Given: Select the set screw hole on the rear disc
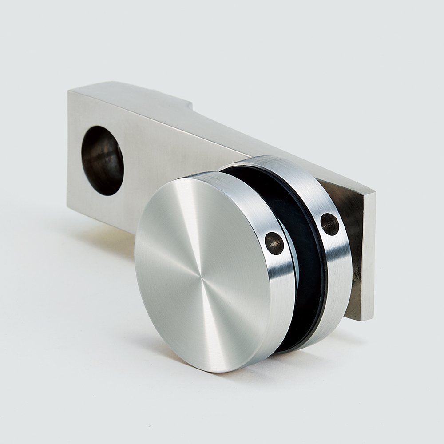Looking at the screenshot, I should (329, 224).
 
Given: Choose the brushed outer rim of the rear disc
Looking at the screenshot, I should (337, 266).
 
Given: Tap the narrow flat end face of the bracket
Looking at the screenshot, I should (368, 258).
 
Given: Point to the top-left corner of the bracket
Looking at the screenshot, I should (68, 91).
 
